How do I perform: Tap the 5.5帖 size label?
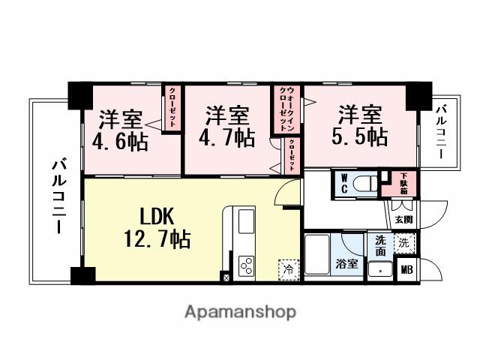pyautogui.click(x=359, y=136)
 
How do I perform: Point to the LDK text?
pyautogui.click(x=156, y=216)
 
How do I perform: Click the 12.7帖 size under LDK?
pyautogui.click(x=156, y=240)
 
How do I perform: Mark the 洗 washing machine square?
pyautogui.click(x=404, y=243)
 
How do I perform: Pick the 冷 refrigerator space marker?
pyautogui.click(x=288, y=267)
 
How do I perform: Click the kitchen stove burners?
pyautogui.click(x=247, y=265)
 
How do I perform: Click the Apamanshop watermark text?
pyautogui.click(x=240, y=311)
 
